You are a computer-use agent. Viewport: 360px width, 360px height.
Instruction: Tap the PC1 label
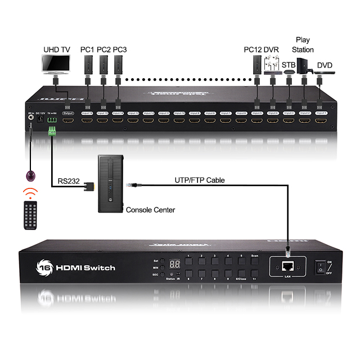coord(87,49)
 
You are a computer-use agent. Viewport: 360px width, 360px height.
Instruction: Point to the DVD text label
coord(325,65)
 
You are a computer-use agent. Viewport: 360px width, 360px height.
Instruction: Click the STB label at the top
coord(289,65)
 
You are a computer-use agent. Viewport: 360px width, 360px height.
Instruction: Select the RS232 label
coord(70,181)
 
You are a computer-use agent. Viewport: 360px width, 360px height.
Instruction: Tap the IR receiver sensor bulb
coord(31,175)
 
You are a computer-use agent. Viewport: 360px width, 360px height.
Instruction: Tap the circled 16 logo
coord(46,267)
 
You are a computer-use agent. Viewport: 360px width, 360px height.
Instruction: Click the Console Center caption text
coord(150,210)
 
